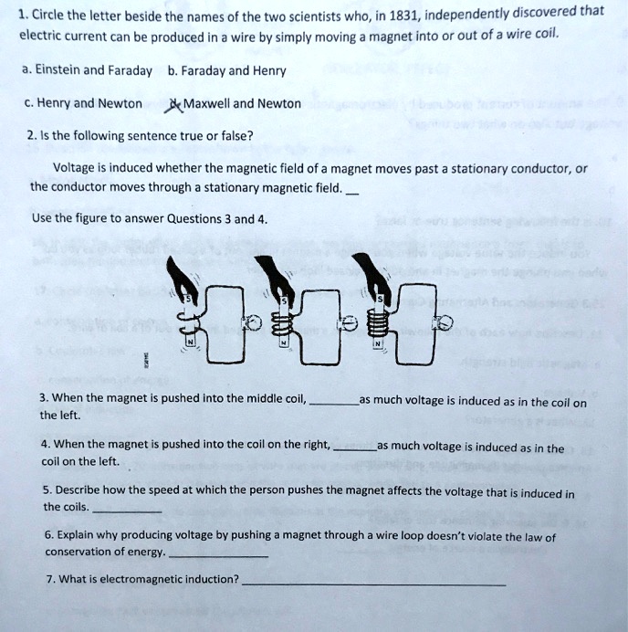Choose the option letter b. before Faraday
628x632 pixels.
point(173,70)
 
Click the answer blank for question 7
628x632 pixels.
point(374,583)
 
